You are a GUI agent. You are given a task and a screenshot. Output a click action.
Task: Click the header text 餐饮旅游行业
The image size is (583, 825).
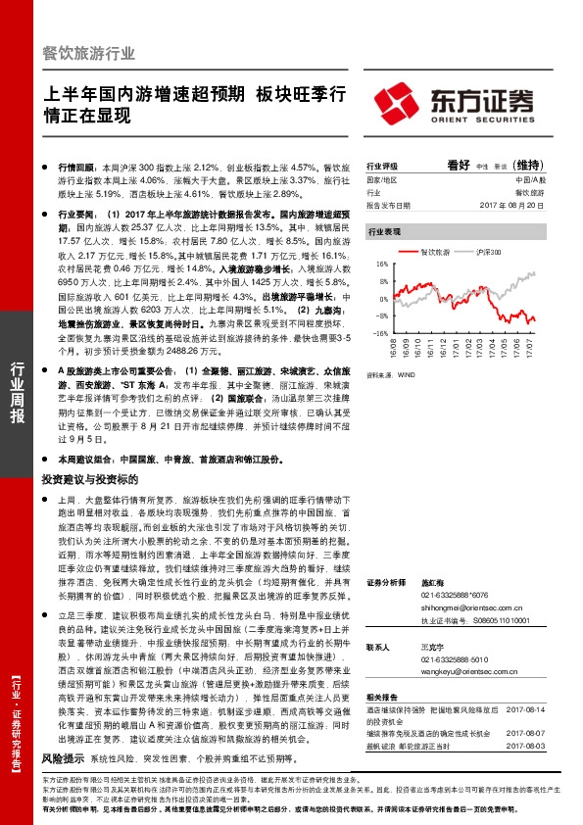pos(89,54)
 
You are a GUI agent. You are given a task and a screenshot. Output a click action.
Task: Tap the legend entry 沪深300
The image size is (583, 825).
pos(489,252)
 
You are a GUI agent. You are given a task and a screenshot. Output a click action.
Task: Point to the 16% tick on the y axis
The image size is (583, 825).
pos(383,265)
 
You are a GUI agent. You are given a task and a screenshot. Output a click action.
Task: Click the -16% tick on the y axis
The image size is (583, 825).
pos(382,333)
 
